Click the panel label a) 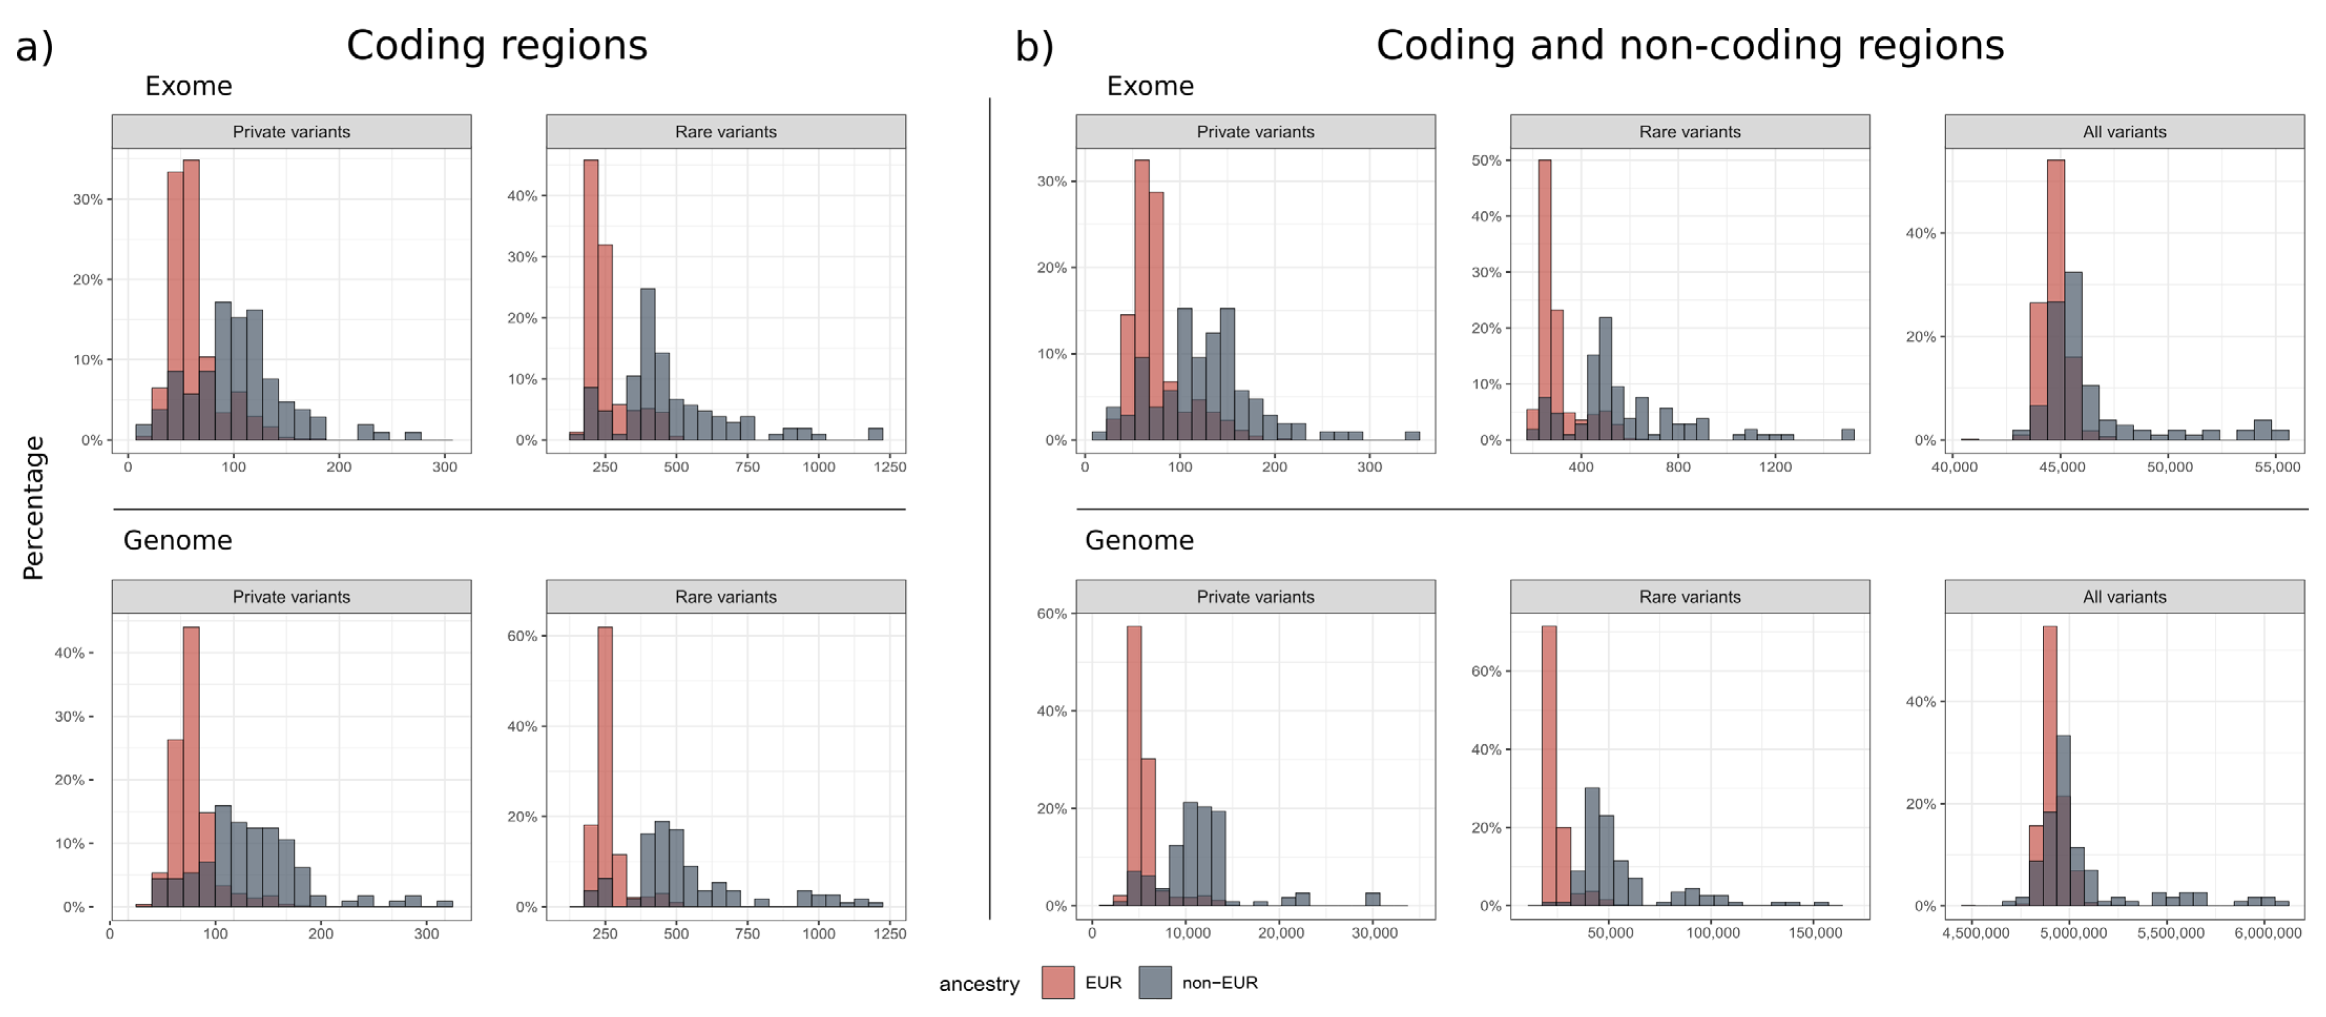click(34, 47)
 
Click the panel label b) click(1034, 47)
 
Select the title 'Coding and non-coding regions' click(1689, 45)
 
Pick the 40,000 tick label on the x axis click(1954, 467)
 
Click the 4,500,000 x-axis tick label click(1976, 933)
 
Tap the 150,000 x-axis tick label click(1815, 933)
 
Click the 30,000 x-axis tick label click(1374, 933)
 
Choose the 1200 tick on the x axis click(1775, 467)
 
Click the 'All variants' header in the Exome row click(2124, 132)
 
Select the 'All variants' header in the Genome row click(2124, 597)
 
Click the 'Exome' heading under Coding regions click(189, 87)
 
